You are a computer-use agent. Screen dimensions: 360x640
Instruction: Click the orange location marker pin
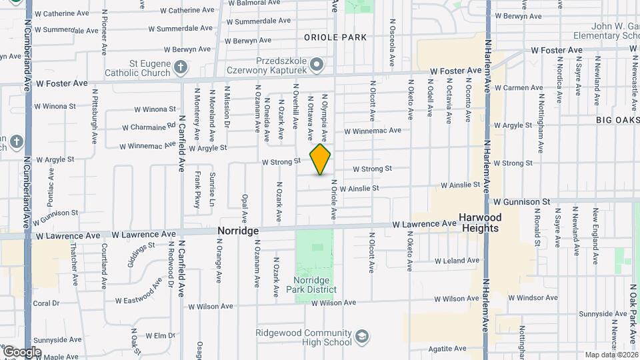coord(321,159)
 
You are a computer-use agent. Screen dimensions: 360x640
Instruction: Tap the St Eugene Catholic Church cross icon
coord(180,67)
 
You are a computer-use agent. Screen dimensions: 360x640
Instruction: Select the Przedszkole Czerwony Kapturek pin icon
coord(317,65)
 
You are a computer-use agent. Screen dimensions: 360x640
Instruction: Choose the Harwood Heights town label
coord(480,223)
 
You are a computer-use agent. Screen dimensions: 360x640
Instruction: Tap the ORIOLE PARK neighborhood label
coord(335,37)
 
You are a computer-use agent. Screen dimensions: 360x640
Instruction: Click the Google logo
coord(22,352)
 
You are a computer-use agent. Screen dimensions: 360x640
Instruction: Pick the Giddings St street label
coord(143,255)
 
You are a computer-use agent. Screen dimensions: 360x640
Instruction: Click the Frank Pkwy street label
coord(197,190)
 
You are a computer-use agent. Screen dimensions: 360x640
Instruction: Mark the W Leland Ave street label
coord(455,261)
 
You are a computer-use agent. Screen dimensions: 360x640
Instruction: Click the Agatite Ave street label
coord(447,348)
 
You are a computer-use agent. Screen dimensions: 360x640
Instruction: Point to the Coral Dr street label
coord(46,303)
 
